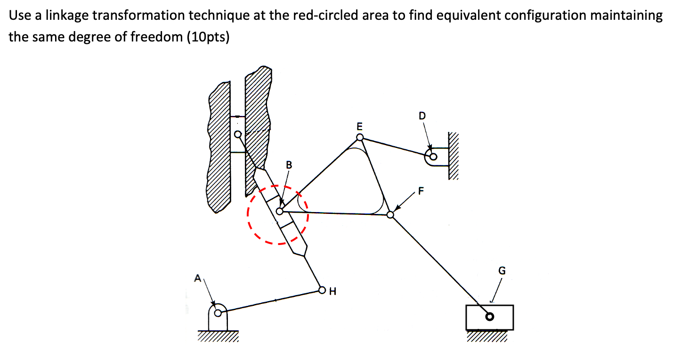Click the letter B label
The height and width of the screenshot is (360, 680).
click(x=289, y=165)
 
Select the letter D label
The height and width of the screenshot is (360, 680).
click(x=421, y=115)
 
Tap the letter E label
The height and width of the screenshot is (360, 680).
click(x=360, y=126)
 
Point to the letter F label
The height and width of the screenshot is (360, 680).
click(x=421, y=191)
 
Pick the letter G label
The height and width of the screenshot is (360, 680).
click(x=502, y=270)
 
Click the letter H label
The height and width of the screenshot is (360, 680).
click(x=333, y=291)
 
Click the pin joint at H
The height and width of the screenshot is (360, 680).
click(x=322, y=290)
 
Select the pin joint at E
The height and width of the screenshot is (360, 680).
click(x=360, y=137)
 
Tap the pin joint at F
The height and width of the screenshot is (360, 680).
click(x=390, y=215)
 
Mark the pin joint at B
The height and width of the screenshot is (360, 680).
click(x=280, y=212)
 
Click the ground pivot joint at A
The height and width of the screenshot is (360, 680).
click(x=218, y=312)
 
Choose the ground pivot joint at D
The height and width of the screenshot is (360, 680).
click(x=433, y=157)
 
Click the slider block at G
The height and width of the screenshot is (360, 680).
click(x=490, y=317)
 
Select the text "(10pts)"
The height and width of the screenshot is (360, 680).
click(x=208, y=37)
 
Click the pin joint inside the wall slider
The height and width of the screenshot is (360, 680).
click(x=238, y=134)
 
